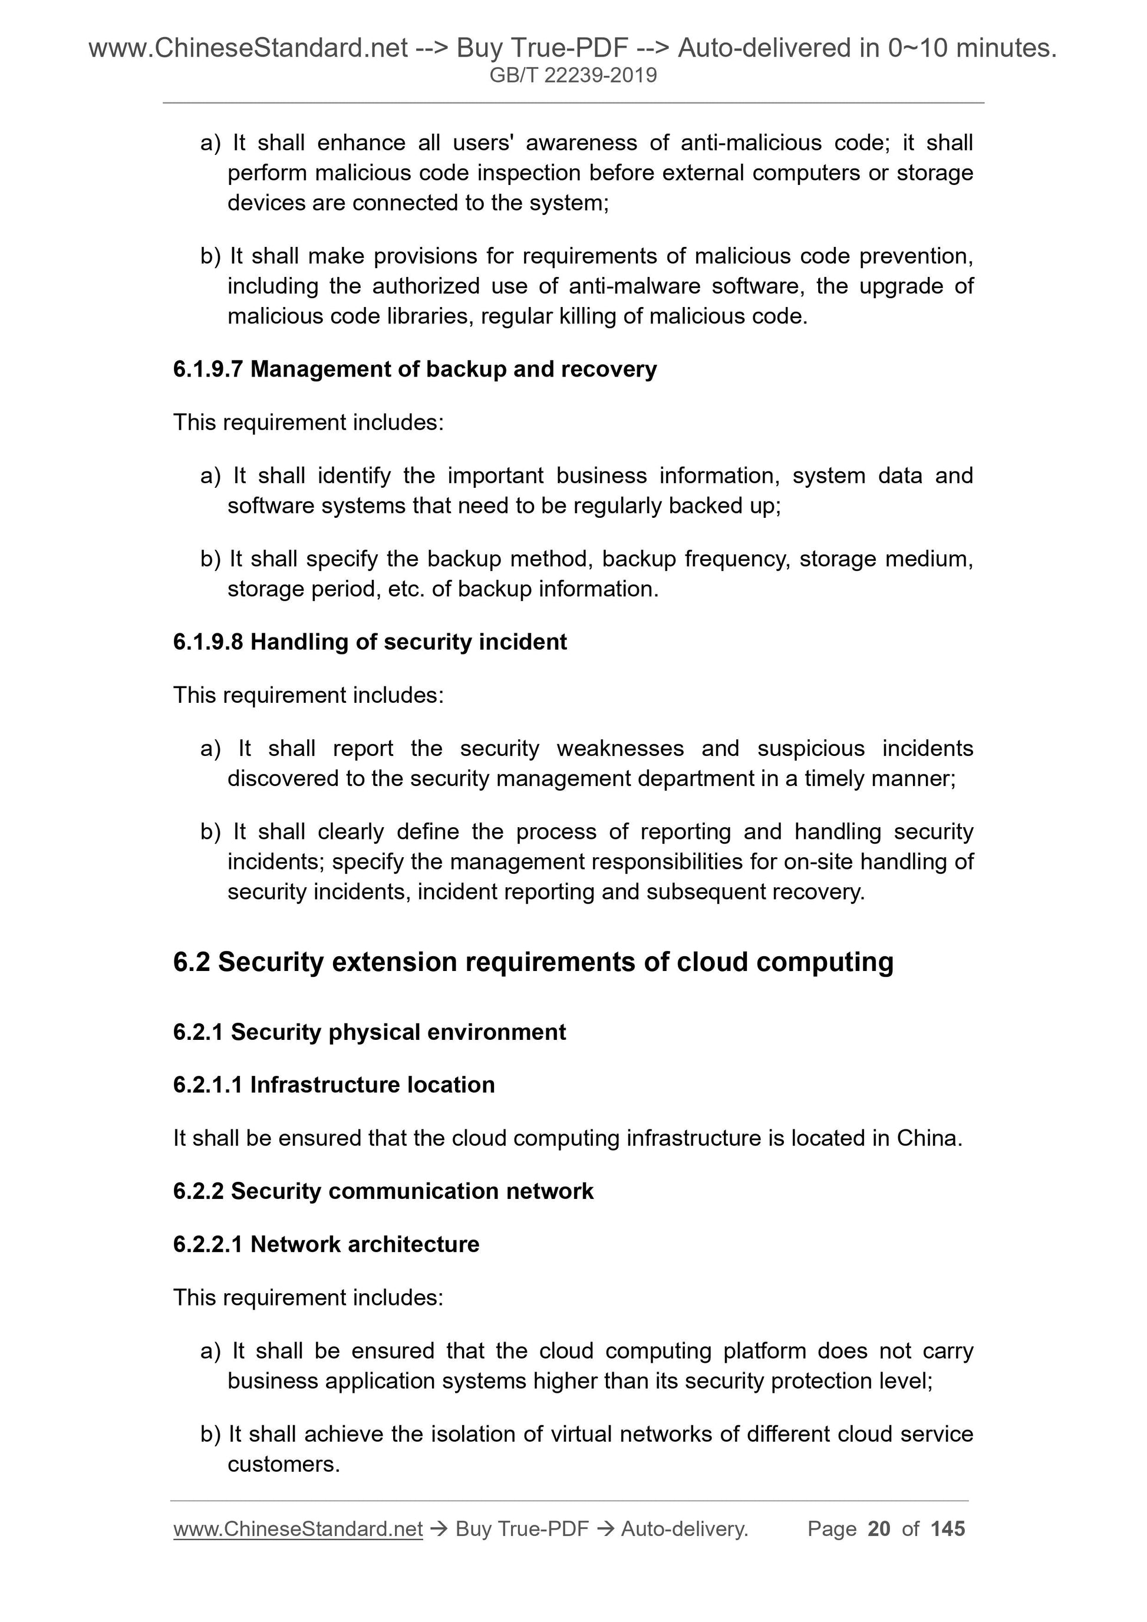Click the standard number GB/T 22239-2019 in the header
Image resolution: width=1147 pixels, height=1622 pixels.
pos(573,75)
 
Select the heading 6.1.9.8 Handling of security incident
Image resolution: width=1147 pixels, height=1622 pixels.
pos(370,642)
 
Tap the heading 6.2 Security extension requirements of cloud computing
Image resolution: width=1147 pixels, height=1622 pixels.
pos(533,962)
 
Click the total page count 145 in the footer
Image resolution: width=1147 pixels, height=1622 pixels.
pos(948,1529)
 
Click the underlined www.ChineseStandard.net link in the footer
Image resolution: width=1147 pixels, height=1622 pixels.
pos(298,1529)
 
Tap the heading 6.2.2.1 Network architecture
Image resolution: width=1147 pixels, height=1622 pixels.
pos(326,1244)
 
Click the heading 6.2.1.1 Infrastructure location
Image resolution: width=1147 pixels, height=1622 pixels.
pos(334,1085)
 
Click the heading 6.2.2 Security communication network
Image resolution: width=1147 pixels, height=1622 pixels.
pos(383,1191)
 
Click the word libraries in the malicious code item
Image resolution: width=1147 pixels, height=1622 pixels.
pos(429,316)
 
